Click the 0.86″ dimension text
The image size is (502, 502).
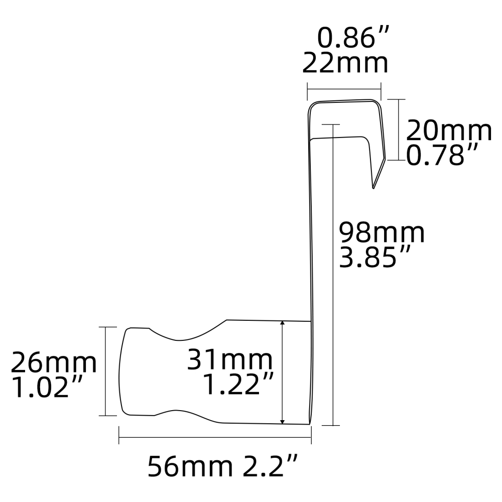point(353,38)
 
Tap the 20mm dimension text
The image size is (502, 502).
point(448,131)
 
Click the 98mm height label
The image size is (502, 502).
point(382,233)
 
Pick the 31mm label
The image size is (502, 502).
point(230,359)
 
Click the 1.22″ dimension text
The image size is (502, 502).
point(238,385)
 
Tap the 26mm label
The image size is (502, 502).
point(54,362)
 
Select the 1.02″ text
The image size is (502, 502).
point(47,388)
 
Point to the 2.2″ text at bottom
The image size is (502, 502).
point(271,467)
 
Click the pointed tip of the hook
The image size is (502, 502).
point(373,188)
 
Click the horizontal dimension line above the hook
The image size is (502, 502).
point(344,90)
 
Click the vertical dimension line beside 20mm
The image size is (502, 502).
point(398,130)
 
